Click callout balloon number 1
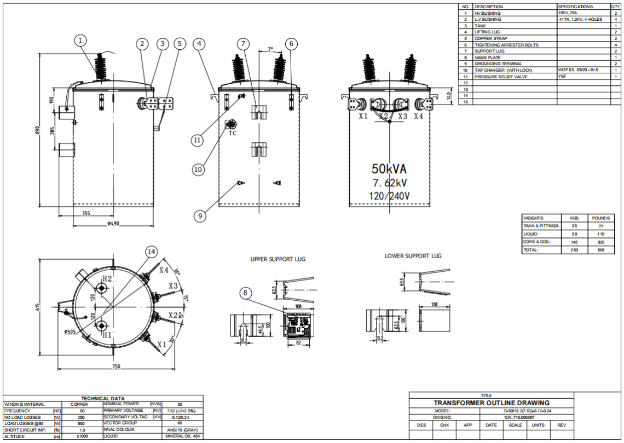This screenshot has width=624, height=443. coord(81,40)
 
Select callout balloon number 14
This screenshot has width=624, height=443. coord(152,252)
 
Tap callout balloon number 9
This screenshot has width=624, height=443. coord(200,216)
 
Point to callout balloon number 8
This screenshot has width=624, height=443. coord(246,293)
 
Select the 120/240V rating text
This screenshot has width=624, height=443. coord(389,195)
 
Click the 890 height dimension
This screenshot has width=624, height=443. coord(38,131)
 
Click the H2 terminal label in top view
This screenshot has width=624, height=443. coord(107,279)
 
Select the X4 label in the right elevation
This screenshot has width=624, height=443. coord(418,116)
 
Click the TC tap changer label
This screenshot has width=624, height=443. coord(232,133)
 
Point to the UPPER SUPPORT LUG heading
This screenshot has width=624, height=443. coord(278,259)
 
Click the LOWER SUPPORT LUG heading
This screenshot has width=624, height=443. coord(413,255)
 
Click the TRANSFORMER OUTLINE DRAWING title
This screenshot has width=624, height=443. coord(491,403)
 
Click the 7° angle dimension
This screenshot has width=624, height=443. coord(270,49)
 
